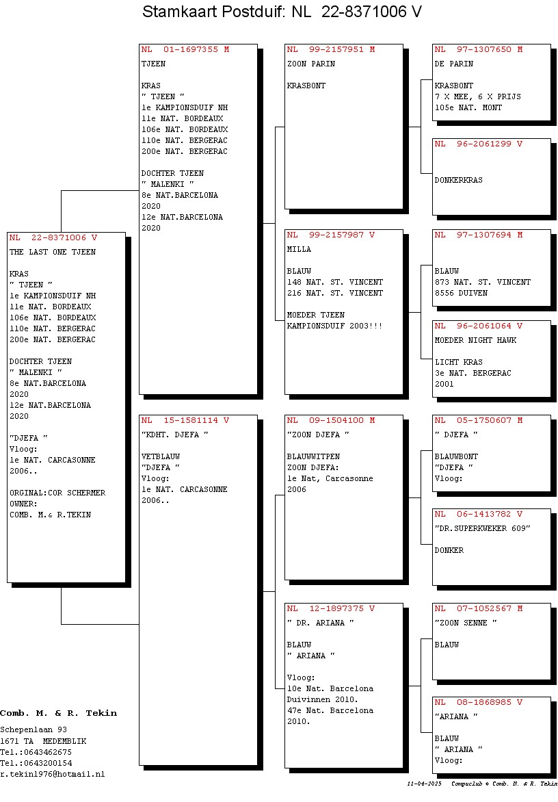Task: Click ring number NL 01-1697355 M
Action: pyautogui.click(x=185, y=50)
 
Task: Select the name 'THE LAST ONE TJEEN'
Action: pyautogui.click(x=53, y=252)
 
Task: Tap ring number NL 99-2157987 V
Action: pyautogui.click(x=331, y=235)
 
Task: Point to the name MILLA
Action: pyautogui.click(x=299, y=250)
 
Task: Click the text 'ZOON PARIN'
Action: pyautogui.click(x=311, y=64)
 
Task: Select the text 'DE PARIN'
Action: pyautogui.click(x=454, y=64)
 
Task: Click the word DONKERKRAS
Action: pyautogui.click(x=458, y=180)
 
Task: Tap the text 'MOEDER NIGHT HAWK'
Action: pyautogui.click(x=476, y=341)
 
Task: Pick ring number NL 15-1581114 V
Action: pyautogui.click(x=185, y=420)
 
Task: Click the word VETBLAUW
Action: pyautogui.click(x=161, y=456)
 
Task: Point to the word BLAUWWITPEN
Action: pyautogui.click(x=313, y=456)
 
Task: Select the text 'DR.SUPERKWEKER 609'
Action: pyautogui.click(x=482, y=529)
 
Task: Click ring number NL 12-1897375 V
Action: pyautogui.click(x=331, y=608)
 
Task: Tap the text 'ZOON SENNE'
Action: pyautogui.click(x=466, y=623)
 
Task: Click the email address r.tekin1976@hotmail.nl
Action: pyautogui.click(x=52, y=775)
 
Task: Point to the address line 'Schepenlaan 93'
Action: pyautogui.click(x=34, y=730)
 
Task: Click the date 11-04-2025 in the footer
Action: pyautogui.click(x=424, y=784)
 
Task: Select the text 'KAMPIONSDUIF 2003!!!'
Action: pyautogui.click(x=334, y=326)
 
